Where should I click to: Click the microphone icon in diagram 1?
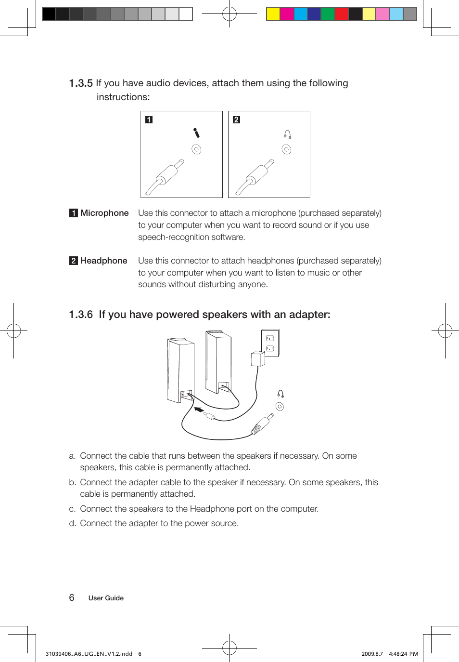[x=196, y=133]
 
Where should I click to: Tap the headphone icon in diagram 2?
[x=287, y=134]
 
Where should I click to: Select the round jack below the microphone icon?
[x=196, y=149]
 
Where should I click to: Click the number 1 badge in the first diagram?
[x=149, y=119]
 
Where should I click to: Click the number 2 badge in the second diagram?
[x=236, y=119]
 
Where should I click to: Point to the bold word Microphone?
[x=104, y=213]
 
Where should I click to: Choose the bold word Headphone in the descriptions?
[x=103, y=261]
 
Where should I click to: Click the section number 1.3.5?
[x=80, y=83]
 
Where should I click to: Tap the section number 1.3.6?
[x=80, y=315]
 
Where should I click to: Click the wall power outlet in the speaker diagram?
[x=270, y=343]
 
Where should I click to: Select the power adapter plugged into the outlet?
[x=258, y=359]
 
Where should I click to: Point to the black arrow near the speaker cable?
[x=198, y=410]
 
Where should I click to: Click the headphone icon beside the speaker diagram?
[x=280, y=394]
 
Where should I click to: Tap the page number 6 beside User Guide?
[x=72, y=597]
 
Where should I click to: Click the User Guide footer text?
[x=106, y=598]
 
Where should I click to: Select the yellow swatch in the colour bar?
[x=273, y=14]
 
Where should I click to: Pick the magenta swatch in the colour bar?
[x=287, y=14]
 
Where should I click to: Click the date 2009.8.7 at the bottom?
[x=372, y=654]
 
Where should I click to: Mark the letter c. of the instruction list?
[x=72, y=509]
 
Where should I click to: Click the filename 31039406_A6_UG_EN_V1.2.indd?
[x=89, y=654]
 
